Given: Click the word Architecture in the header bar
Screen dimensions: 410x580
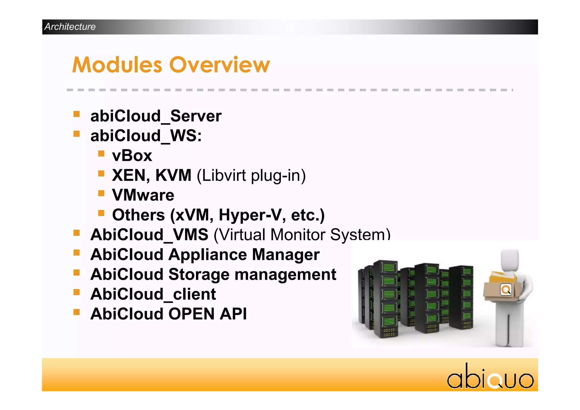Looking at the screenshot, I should point(70,27).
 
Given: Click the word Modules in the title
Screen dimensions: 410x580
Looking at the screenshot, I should point(117,65).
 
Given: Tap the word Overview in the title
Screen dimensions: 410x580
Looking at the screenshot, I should point(219,65).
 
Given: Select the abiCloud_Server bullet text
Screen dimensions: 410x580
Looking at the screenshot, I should point(156,116).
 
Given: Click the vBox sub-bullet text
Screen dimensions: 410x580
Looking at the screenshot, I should point(132,156).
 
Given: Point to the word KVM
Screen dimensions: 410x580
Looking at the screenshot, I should point(173,175).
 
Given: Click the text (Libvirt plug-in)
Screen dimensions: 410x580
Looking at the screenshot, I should point(251,176).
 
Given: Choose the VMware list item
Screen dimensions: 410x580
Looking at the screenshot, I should point(143,195).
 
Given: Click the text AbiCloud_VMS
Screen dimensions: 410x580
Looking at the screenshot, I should point(149,235).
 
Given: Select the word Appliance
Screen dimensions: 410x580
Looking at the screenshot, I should point(208,255).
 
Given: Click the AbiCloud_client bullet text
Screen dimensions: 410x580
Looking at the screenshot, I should point(153,294).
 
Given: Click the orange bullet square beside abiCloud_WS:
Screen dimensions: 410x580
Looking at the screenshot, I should point(76,134).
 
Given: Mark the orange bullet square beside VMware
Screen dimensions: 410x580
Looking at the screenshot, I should point(101,193).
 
